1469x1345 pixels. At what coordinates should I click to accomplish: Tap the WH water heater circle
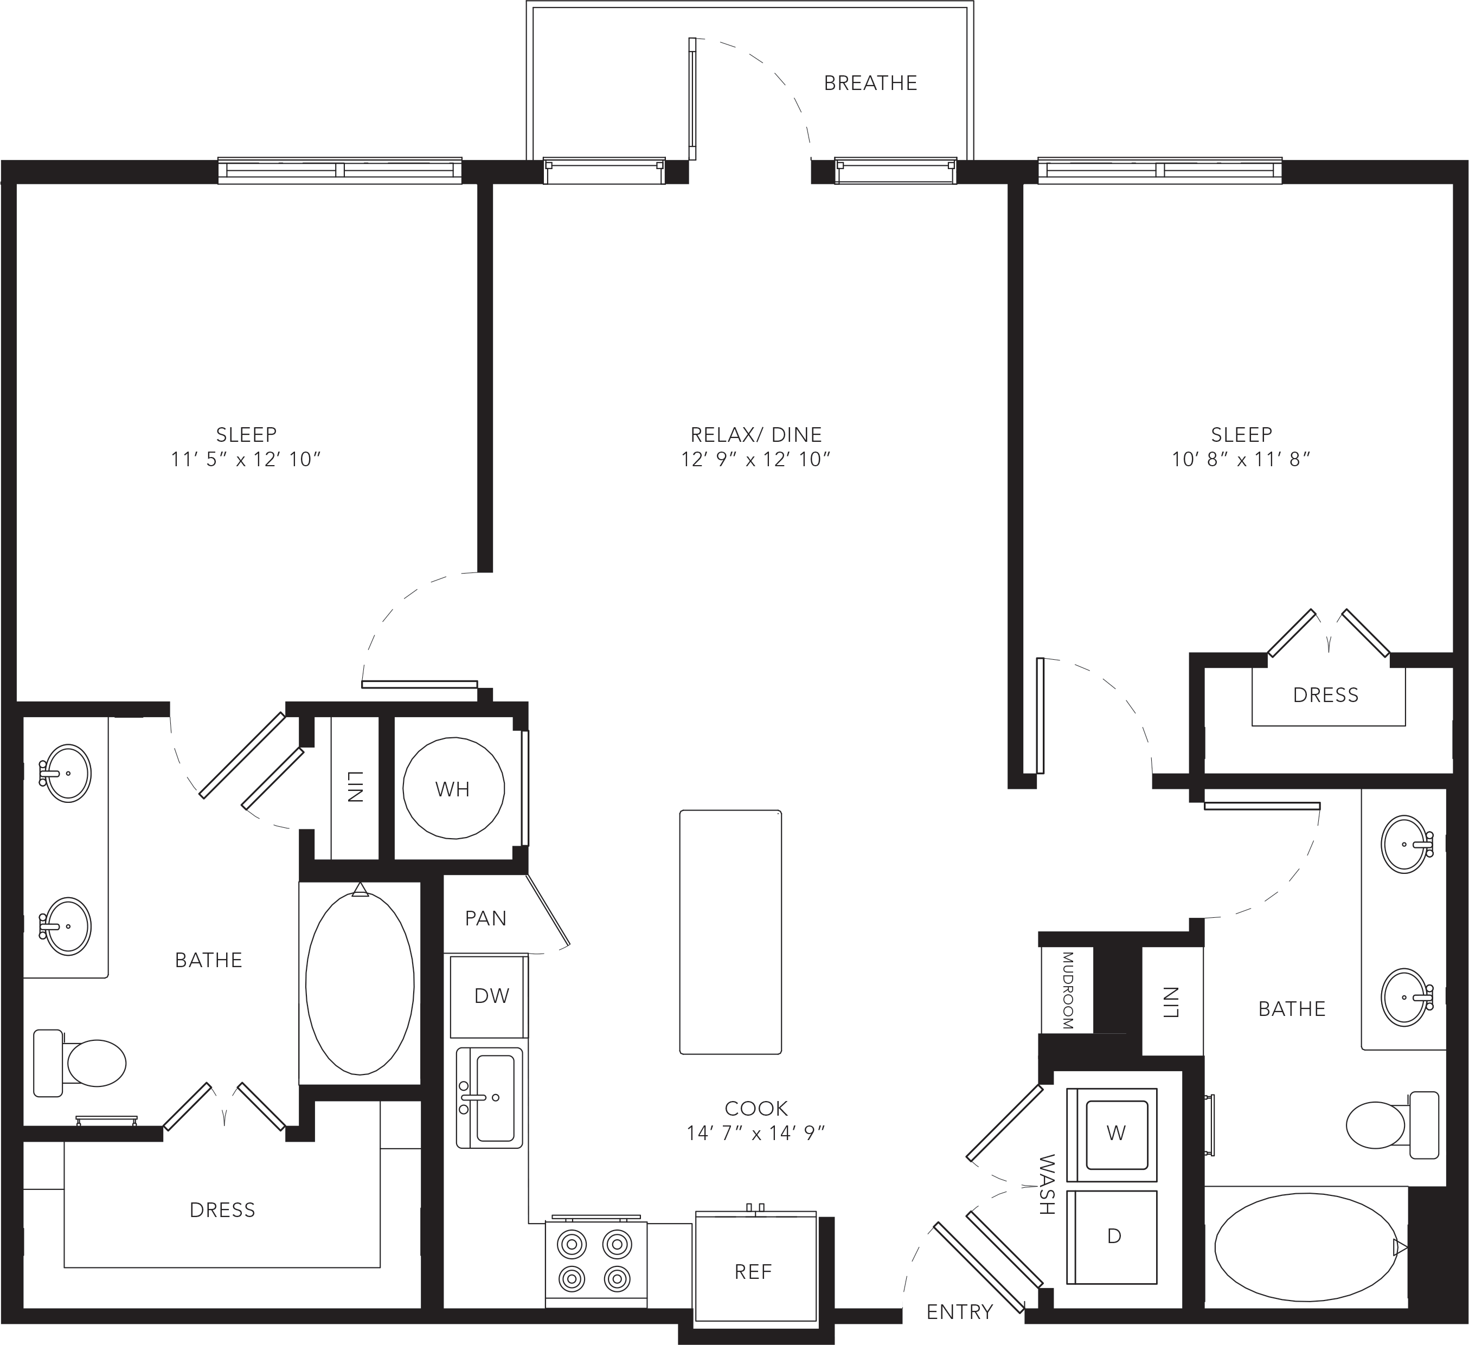click(x=453, y=788)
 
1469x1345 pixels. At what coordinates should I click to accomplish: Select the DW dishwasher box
click(x=489, y=996)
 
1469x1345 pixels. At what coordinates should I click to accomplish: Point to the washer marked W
click(x=1112, y=1135)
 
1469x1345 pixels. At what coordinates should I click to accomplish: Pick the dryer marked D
click(x=1112, y=1237)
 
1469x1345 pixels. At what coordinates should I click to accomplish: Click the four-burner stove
click(x=596, y=1263)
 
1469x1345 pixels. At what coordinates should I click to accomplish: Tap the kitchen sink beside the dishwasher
click(x=490, y=1098)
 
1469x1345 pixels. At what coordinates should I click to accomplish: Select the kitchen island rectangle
click(x=730, y=932)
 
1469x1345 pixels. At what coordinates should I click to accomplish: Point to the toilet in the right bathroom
click(x=1393, y=1125)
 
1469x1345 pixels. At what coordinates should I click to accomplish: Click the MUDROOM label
click(x=1068, y=990)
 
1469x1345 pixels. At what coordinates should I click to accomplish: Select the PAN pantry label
click(x=485, y=918)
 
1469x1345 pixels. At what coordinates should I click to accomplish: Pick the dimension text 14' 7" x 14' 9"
click(x=755, y=1133)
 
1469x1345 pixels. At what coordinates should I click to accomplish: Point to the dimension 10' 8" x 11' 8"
click(x=1241, y=459)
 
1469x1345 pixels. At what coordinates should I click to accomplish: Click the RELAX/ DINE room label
click(x=755, y=435)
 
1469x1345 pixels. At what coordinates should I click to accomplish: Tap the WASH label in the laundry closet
click(x=1047, y=1184)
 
